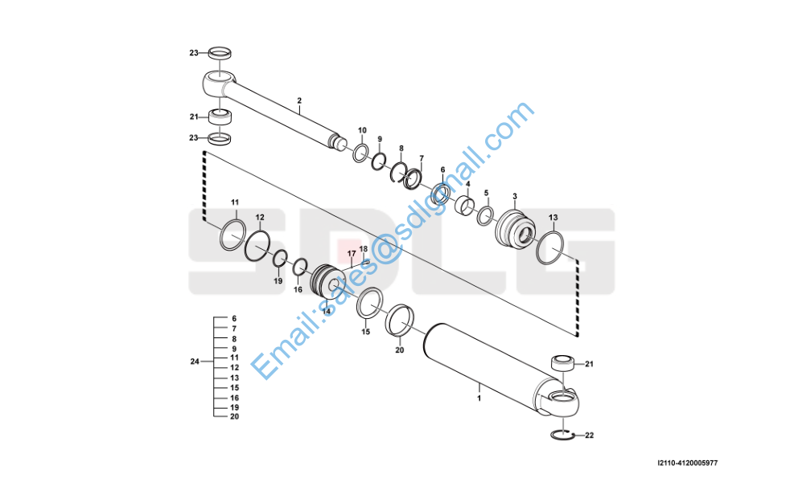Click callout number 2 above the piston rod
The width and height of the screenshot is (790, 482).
[299, 100]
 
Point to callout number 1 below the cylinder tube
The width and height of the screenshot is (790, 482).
[479, 398]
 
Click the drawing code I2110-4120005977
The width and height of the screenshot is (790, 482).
[687, 463]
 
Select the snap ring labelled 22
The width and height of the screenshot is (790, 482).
[560, 435]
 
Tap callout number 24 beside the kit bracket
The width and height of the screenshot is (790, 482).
[195, 361]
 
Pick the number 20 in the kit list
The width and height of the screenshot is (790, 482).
[234, 417]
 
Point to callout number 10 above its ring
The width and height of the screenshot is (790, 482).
[362, 131]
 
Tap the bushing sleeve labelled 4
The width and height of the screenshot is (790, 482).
[466, 206]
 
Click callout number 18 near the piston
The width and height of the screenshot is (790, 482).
[364, 249]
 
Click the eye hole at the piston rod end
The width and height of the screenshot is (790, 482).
[220, 79]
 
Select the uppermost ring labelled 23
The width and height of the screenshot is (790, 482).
[220, 52]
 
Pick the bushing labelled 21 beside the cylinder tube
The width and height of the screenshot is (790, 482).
[563, 363]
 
